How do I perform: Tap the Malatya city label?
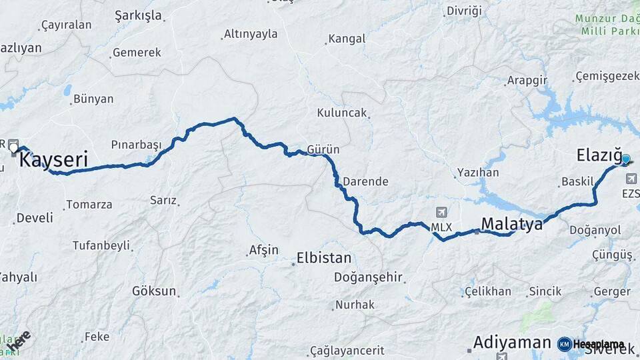pyautogui.click(x=512, y=223)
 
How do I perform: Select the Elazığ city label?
pyautogui.click(x=598, y=156)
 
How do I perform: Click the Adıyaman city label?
pyautogui.click(x=511, y=343)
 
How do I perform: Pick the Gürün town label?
pyautogui.click(x=323, y=149)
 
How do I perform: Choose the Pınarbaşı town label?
pyautogui.click(x=136, y=145)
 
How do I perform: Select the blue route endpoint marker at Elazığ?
pyautogui.click(x=625, y=159)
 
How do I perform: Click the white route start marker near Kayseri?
pyautogui.click(x=13, y=148)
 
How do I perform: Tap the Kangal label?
pyautogui.click(x=347, y=39)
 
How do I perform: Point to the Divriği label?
pyautogui.click(x=463, y=11)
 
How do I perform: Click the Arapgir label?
pyautogui.click(x=527, y=80)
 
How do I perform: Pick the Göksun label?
pyautogui.click(x=154, y=291)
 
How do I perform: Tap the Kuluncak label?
pyautogui.click(x=341, y=113)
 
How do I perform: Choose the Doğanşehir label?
pyautogui.click(x=368, y=277)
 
